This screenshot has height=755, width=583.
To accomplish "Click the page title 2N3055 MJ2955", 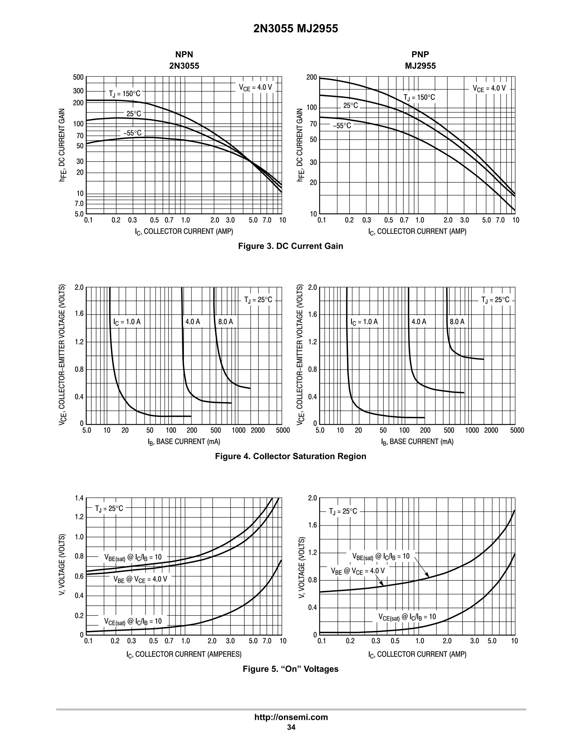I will (x=296, y=29).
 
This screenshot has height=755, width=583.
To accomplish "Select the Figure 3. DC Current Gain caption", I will (x=290, y=246).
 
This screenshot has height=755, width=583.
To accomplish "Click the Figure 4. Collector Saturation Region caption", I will (x=290, y=456).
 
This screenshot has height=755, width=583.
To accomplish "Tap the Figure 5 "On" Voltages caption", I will (x=290, y=669).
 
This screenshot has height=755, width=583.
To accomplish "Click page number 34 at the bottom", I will (x=291, y=727).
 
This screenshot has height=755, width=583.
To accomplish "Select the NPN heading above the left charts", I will (x=184, y=54).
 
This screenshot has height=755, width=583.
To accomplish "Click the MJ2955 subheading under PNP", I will (x=420, y=66).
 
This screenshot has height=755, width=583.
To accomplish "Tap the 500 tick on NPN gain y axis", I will (x=78, y=77).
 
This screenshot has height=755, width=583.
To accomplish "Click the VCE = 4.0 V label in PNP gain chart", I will (x=489, y=89).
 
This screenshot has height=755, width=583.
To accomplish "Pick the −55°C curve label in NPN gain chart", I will (x=133, y=133).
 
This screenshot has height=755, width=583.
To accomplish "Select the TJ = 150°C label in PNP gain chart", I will (x=419, y=97).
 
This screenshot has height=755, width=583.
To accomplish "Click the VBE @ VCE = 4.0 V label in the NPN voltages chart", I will (x=140, y=579).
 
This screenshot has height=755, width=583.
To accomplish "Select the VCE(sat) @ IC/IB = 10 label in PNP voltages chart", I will (x=407, y=617).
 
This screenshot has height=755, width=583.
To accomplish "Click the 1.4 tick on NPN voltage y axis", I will (x=79, y=498).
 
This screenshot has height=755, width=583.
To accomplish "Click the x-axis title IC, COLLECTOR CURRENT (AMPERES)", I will (x=184, y=654).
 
